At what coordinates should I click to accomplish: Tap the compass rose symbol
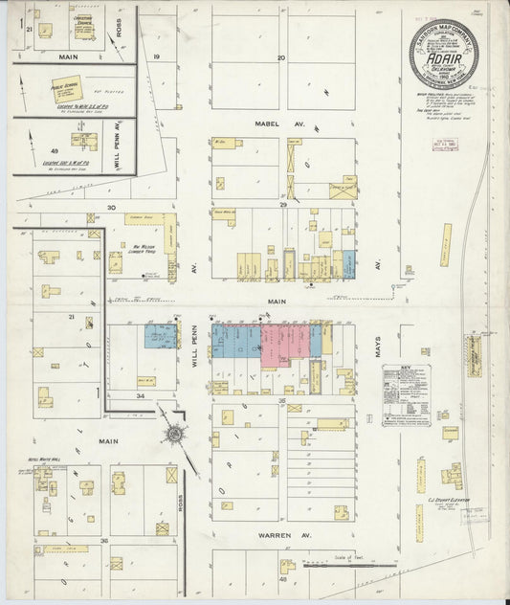click(173, 437)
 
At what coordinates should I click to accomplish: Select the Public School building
click(64, 93)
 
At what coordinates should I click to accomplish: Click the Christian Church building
click(85, 26)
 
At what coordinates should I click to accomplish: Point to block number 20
click(281, 58)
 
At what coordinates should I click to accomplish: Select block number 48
click(283, 579)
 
